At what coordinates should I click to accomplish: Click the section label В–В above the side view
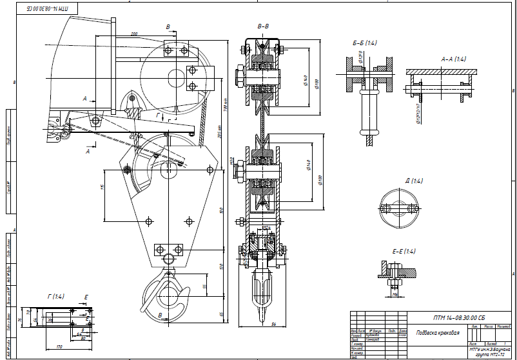point(263,26)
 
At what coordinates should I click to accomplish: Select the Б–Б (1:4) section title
point(365,42)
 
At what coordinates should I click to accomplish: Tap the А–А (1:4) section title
point(453,59)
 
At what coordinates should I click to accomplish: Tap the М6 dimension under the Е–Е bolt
point(395,295)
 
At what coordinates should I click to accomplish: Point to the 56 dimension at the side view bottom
point(273,325)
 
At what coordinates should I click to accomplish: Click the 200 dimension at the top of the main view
point(134,34)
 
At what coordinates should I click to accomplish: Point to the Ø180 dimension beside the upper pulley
point(317,84)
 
